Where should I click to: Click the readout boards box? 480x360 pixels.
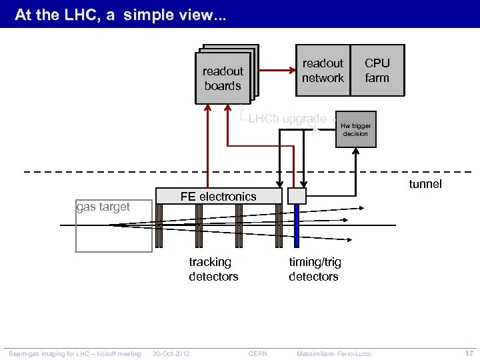pyautogui.click(x=223, y=79)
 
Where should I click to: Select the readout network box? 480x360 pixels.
pyautogui.click(x=322, y=71)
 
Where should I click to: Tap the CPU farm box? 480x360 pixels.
pyautogui.click(x=377, y=71)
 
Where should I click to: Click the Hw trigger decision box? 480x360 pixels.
pyautogui.click(x=356, y=129)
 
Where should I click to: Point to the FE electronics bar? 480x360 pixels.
pyautogui.click(x=218, y=196)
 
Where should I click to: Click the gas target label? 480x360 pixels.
pyautogui.click(x=103, y=207)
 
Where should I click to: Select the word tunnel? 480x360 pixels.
pyautogui.click(x=425, y=184)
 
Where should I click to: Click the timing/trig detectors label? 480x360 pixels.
pyautogui.click(x=313, y=269)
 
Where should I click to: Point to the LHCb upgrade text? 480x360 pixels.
pyautogui.click(x=287, y=119)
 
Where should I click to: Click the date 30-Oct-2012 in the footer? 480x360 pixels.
pyautogui.click(x=171, y=353)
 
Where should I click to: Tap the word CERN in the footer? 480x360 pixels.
pyautogui.click(x=257, y=353)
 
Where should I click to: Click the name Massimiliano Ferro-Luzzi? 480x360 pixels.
pyautogui.click(x=333, y=353)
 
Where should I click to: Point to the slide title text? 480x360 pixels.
pyautogui.click(x=120, y=14)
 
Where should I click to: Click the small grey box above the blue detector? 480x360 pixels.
pyautogui.click(x=297, y=195)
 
